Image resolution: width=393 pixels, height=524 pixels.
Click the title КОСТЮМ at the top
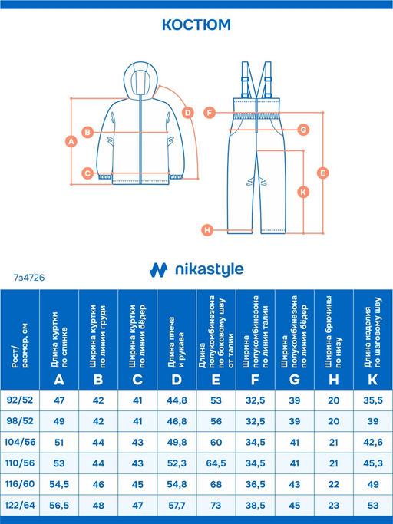click(196, 25)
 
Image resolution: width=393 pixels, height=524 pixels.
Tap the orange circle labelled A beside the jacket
click(71, 141)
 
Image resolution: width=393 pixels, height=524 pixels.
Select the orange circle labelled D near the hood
click(188, 113)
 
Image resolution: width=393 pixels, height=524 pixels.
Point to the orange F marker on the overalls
click(210, 113)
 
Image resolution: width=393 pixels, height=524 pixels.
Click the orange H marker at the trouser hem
click(207, 230)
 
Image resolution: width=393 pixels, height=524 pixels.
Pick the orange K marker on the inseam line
click(303, 192)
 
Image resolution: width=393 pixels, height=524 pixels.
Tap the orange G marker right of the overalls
click(303, 130)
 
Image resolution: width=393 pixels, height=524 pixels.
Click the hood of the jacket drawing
click(140, 79)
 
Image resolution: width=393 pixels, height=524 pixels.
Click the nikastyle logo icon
click(158, 270)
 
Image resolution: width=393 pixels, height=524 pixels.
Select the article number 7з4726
click(29, 278)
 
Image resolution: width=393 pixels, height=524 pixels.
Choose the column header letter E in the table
click(216, 380)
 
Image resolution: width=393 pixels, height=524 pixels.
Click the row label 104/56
click(20, 442)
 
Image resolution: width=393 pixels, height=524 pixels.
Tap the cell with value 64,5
click(216, 463)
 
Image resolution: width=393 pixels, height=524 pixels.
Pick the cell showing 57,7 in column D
click(177, 506)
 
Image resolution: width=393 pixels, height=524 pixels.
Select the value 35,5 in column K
click(373, 400)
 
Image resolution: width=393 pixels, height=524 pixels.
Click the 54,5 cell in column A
click(59, 484)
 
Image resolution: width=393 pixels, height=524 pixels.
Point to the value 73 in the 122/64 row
click(216, 506)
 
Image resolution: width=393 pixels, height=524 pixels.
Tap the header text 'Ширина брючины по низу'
click(333, 331)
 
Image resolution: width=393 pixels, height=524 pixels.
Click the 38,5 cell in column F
click(255, 506)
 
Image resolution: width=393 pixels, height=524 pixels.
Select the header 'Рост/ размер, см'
click(20, 345)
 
